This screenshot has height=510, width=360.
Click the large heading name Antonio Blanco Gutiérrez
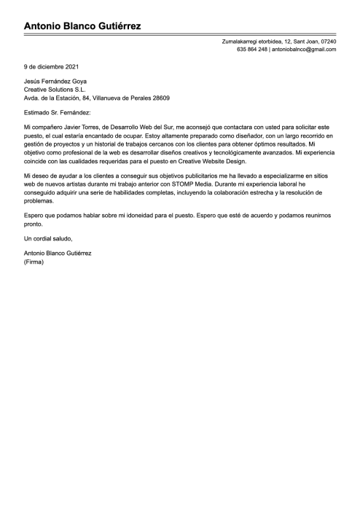(x=82, y=26)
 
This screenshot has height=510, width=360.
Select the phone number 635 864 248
(x=252, y=50)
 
